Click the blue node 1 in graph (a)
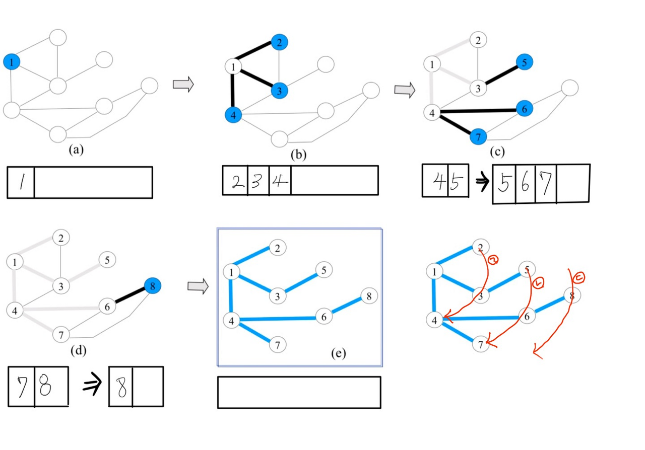[12, 62]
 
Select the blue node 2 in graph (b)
[279, 43]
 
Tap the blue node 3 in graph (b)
[279, 91]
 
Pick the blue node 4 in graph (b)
[233, 115]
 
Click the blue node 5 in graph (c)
[524, 62]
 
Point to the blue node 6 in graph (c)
[525, 108]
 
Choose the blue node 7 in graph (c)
[478, 136]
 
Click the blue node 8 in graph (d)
[152, 286]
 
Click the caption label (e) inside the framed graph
[338, 353]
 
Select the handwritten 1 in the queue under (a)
[21, 182]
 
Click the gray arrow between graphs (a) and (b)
[183, 85]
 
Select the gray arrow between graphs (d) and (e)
[198, 286]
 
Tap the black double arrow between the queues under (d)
[93, 387]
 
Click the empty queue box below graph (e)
[299, 392]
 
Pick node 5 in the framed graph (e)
[324, 270]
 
